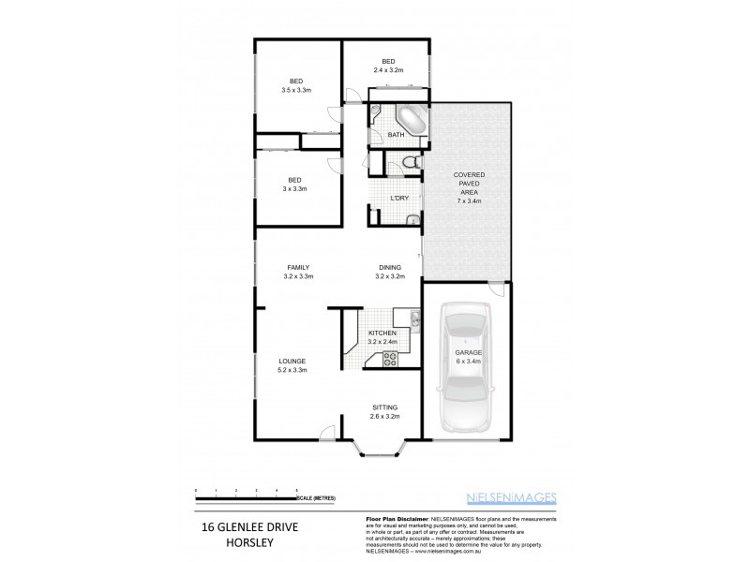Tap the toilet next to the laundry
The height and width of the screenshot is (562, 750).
[408, 164]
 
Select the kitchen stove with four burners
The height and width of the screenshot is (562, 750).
[389, 357]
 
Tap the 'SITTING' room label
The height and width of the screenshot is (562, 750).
[385, 407]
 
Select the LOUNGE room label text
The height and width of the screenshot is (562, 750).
[292, 361]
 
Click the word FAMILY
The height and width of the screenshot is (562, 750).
[298, 267]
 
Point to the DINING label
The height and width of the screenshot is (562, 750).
[390, 267]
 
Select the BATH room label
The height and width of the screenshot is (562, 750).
[396, 135]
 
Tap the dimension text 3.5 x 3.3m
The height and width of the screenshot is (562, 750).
[296, 90]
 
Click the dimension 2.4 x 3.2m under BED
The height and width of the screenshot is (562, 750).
[388, 70]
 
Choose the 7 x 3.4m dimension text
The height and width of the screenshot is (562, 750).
[469, 200]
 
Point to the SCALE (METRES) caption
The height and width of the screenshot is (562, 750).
[318, 496]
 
